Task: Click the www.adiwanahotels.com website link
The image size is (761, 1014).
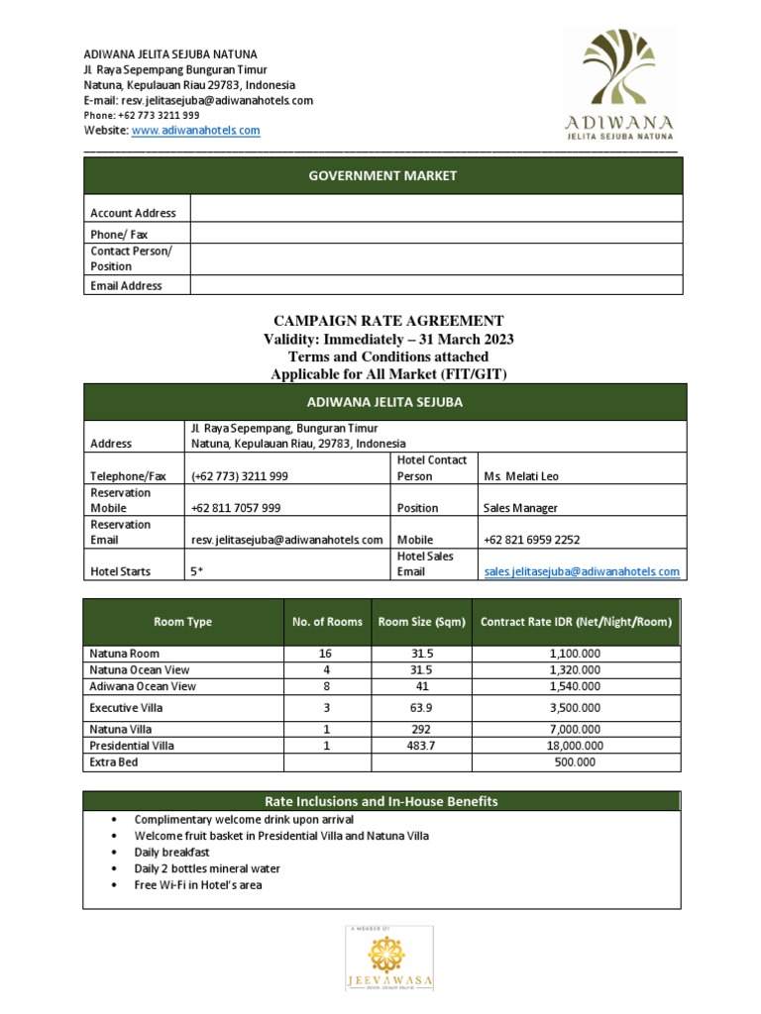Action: [195, 130]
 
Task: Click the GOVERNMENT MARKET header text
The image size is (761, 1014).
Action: [383, 175]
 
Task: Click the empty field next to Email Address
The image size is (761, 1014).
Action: [436, 285]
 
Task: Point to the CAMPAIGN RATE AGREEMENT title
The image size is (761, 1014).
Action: [388, 321]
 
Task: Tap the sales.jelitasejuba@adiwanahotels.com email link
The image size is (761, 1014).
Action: [581, 571]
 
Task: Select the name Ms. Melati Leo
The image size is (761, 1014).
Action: [520, 476]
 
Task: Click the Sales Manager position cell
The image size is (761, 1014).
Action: [520, 508]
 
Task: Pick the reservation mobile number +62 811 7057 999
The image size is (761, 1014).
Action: [235, 508]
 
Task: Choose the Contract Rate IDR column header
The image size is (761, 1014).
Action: [576, 622]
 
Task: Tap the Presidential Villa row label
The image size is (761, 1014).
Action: [132, 745]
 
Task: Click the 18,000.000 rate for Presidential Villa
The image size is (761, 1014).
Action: [576, 745]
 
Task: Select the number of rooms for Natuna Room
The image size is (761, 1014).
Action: [326, 654]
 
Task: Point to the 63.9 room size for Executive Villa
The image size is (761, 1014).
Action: [421, 708]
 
